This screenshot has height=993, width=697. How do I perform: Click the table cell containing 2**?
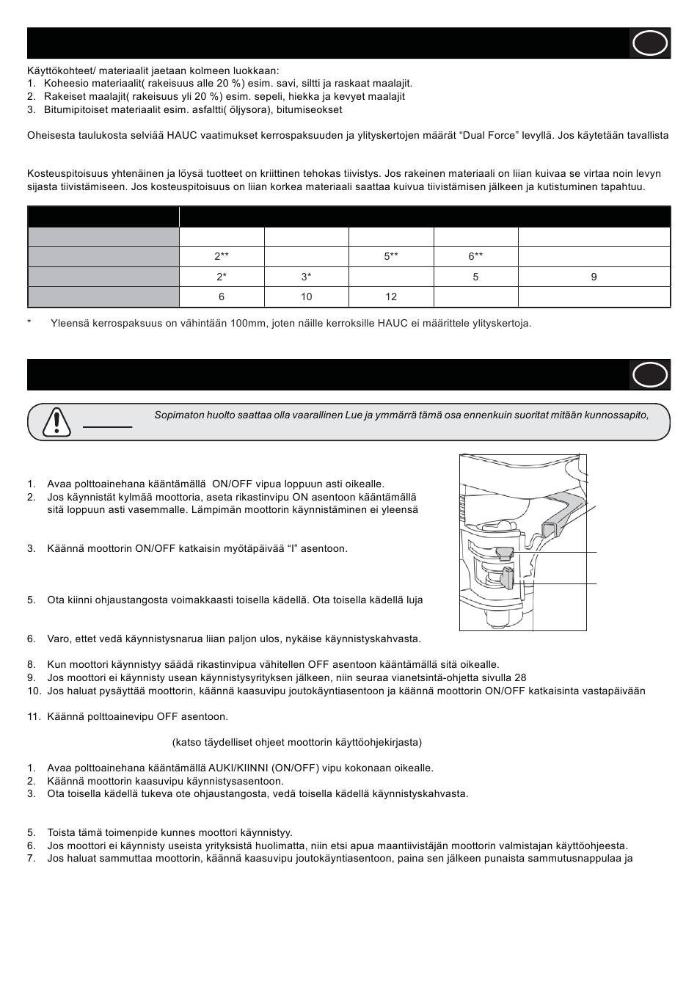pyautogui.click(x=222, y=257)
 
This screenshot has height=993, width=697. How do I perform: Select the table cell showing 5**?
pyautogui.click(x=391, y=257)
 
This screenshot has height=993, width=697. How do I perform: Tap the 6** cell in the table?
pyautogui.click(x=476, y=257)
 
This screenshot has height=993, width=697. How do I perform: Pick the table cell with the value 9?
pyautogui.click(x=594, y=277)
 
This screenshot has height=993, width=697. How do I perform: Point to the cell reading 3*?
pyautogui.click(x=307, y=277)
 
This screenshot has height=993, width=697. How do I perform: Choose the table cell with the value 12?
pyautogui.click(x=391, y=297)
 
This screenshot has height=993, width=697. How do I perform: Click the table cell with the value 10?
pyautogui.click(x=307, y=297)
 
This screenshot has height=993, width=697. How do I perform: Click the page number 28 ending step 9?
pyautogui.click(x=520, y=677)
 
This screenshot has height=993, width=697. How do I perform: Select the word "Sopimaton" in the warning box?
pyautogui.click(x=176, y=415)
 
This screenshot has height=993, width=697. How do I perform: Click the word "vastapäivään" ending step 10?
pyautogui.click(x=616, y=691)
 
